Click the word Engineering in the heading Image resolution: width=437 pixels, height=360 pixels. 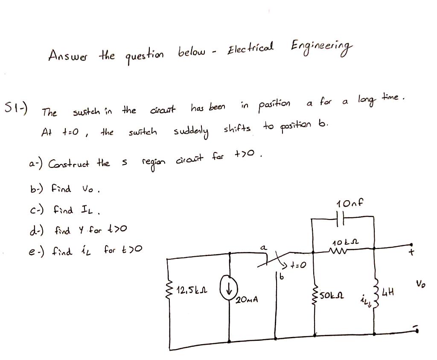(323, 48)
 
